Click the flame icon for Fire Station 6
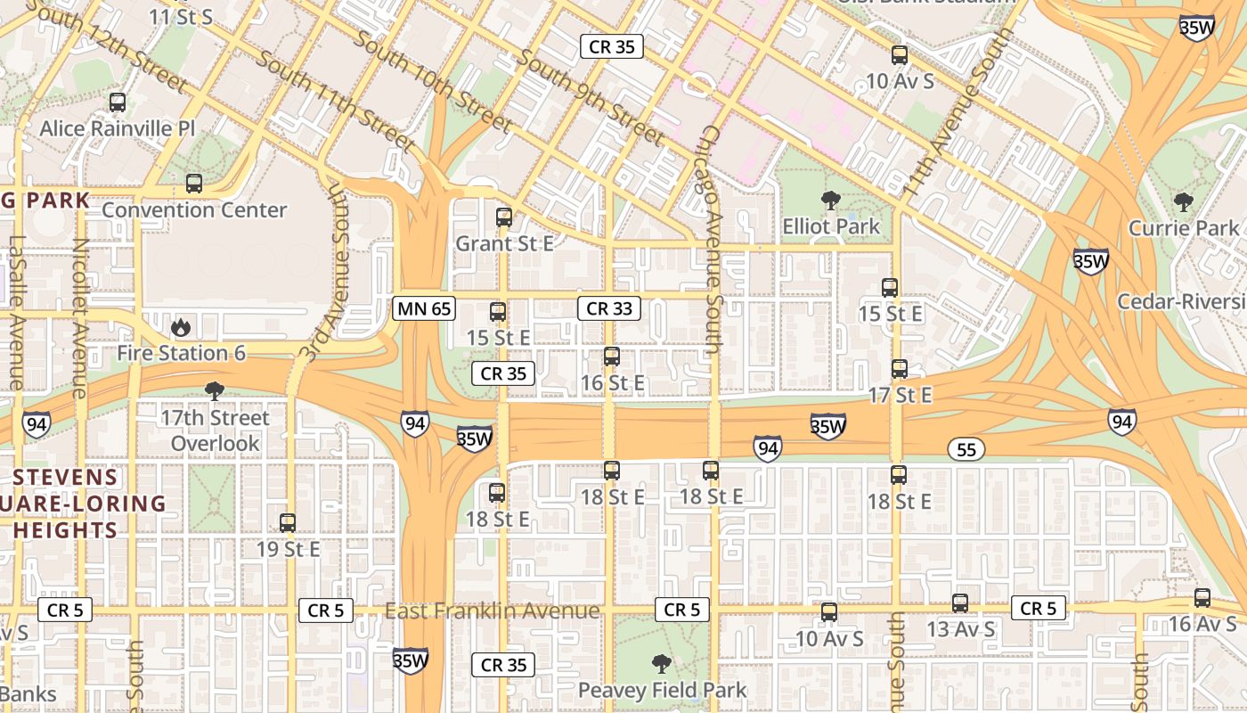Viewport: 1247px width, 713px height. tap(181, 327)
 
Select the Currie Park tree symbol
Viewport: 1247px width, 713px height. tap(1183, 202)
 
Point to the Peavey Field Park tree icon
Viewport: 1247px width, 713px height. tap(661, 663)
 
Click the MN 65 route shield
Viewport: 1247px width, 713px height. tap(424, 309)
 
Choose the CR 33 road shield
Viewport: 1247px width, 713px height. tap(609, 309)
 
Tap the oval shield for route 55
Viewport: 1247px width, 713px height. tap(966, 450)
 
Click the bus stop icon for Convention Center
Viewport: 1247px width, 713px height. tap(193, 184)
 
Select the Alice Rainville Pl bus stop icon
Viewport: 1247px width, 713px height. tap(117, 102)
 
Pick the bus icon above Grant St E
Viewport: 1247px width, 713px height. tap(503, 217)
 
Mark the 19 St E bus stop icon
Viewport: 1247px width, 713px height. tap(287, 523)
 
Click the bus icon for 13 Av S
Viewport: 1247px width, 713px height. tap(959, 603)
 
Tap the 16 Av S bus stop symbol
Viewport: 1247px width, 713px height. tap(1202, 598)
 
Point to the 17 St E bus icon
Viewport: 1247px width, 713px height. tap(899, 369)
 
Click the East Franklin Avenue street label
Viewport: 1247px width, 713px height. tap(492, 611)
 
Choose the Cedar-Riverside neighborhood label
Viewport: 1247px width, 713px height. tap(1181, 301)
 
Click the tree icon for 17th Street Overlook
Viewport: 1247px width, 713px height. tap(214, 390)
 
